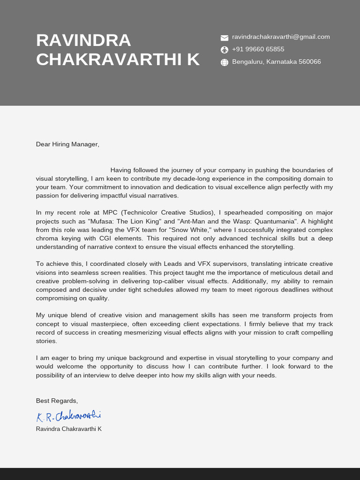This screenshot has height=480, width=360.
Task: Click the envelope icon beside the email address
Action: (x=224, y=37)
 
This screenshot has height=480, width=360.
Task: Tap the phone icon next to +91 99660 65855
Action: (x=224, y=50)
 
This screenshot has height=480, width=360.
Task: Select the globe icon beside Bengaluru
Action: (x=224, y=62)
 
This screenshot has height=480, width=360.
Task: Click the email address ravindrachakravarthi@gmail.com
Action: (x=281, y=37)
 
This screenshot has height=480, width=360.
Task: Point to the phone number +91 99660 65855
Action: (x=258, y=49)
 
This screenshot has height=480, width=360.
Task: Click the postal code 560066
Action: (x=309, y=62)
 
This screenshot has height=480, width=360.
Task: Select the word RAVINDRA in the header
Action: (x=83, y=40)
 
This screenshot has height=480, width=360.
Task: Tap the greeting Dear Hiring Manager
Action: (x=67, y=144)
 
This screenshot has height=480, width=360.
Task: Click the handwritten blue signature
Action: (x=68, y=416)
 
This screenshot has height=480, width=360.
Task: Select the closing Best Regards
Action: (x=57, y=401)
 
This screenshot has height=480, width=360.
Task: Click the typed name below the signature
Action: (x=68, y=429)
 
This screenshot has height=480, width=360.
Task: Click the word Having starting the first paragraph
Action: (x=121, y=170)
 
